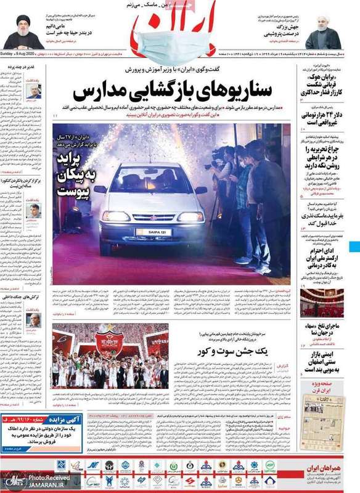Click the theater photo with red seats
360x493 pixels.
tap(321, 303)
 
